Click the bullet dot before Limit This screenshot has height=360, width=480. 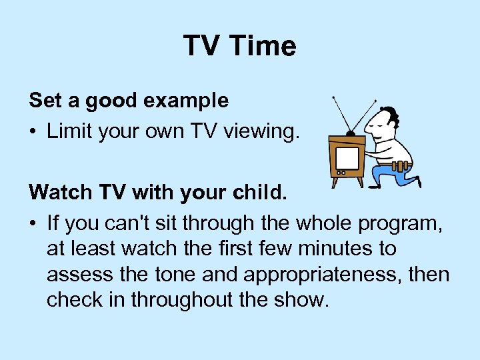(x=33, y=131)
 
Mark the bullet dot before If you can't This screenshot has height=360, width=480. (x=33, y=223)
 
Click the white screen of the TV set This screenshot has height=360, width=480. (x=347, y=157)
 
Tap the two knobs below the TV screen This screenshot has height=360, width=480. (x=341, y=172)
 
